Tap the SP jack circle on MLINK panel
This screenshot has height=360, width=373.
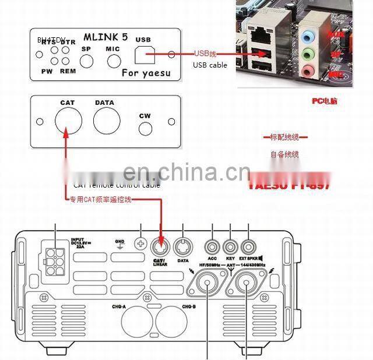click(87, 61)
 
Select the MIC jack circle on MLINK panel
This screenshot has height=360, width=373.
click(112, 61)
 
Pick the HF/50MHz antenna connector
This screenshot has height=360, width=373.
click(207, 284)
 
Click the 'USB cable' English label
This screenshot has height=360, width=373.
click(210, 65)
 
